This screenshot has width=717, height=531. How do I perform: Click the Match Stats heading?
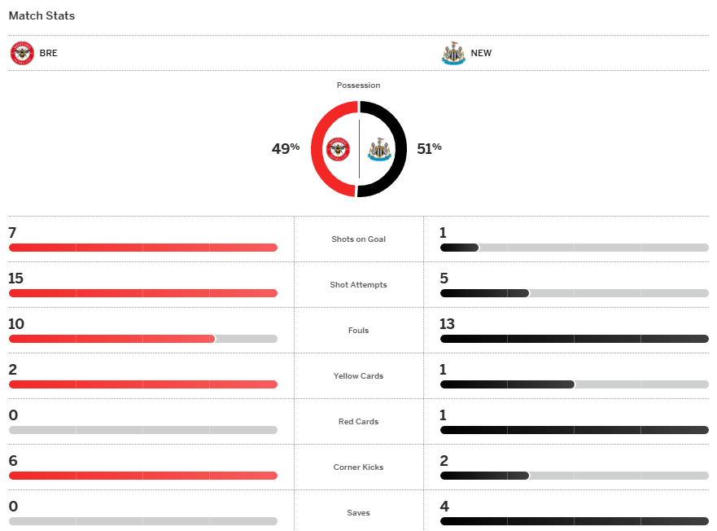click(x=42, y=15)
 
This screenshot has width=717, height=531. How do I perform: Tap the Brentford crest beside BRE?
click(x=22, y=54)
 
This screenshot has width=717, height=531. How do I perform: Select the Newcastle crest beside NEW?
click(x=453, y=54)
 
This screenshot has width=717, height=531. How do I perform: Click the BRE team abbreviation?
click(x=49, y=54)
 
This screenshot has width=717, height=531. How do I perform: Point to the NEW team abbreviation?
click(x=481, y=54)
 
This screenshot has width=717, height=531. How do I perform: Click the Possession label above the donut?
click(x=358, y=86)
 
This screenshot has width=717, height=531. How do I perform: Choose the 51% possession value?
click(x=429, y=148)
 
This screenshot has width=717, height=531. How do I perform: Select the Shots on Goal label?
click(x=358, y=239)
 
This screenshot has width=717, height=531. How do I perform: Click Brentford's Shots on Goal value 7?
click(x=12, y=233)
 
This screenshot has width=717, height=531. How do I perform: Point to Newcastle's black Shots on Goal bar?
click(x=459, y=248)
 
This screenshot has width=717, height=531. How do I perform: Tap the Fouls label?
click(x=358, y=331)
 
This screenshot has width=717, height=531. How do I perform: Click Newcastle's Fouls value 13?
click(x=447, y=324)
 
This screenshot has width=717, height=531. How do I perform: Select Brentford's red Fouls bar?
click(x=111, y=339)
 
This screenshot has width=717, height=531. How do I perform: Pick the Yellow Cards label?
click(x=358, y=376)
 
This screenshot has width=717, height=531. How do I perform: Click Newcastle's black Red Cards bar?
click(x=574, y=430)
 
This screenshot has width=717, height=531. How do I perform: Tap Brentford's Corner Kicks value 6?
click(x=12, y=461)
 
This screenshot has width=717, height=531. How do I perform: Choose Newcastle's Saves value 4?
click(x=444, y=507)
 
